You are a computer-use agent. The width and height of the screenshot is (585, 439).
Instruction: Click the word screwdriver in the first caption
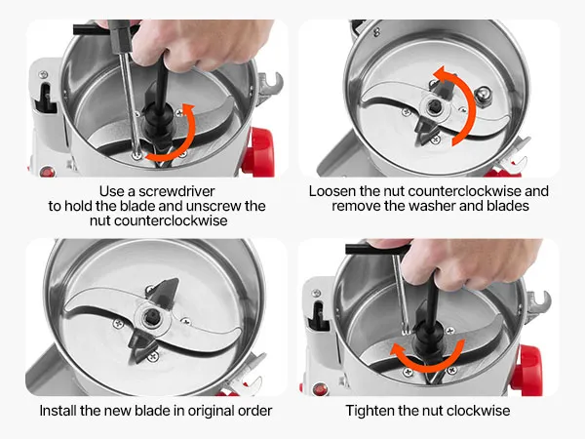(x=176, y=191)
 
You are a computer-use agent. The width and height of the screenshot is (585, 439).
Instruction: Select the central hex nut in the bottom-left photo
(x=151, y=317)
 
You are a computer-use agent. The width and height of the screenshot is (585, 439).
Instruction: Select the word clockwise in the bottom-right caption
(x=479, y=411)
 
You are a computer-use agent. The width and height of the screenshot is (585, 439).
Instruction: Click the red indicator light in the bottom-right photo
(x=321, y=389)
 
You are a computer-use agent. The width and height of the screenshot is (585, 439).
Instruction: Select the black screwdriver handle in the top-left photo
(x=120, y=35)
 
